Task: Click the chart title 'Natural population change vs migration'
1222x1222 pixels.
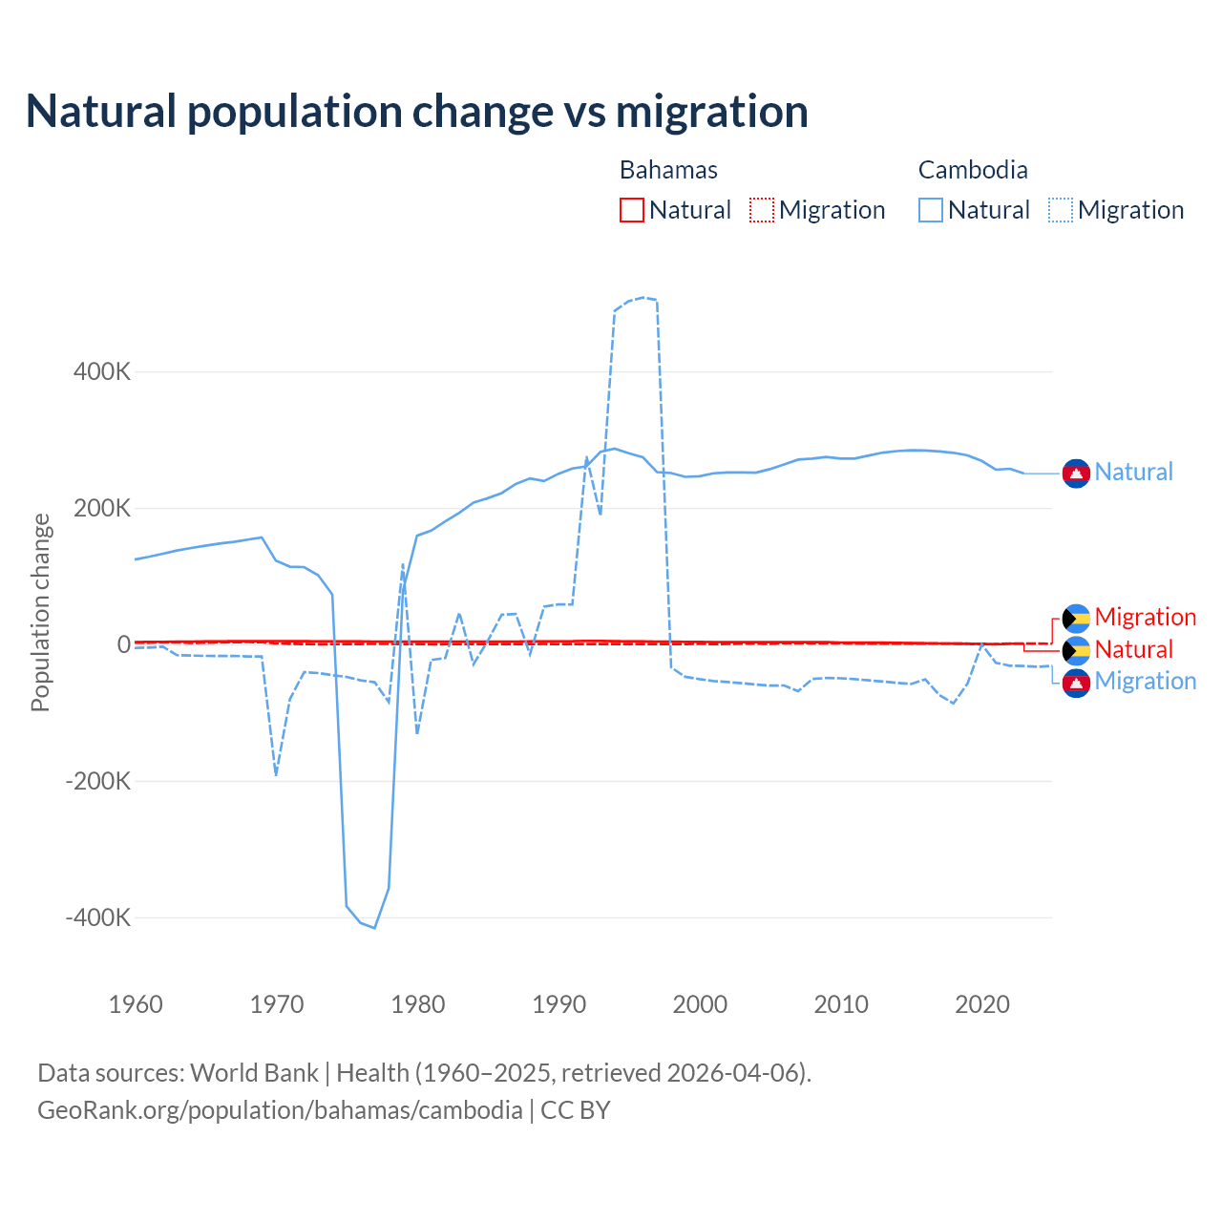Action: pos(417,112)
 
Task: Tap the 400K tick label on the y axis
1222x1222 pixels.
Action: pos(102,371)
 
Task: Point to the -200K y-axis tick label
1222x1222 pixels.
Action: pos(98,781)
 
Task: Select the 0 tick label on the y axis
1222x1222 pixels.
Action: pos(124,644)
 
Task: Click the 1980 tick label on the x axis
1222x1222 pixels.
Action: pos(418,1004)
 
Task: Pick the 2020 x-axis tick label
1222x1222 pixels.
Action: pos(982,1004)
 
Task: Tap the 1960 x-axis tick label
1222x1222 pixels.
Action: pos(137,1004)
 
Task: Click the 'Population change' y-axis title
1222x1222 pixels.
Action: pos(40,612)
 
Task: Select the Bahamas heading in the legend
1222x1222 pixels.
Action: pos(668,170)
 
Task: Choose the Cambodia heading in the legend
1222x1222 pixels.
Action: pos(973,170)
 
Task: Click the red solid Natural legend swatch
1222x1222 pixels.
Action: pos(632,210)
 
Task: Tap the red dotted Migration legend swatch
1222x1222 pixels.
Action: pos(761,210)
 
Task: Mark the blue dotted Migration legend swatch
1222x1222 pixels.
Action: pos(1061,210)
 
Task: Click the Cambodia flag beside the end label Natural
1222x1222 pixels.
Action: pos(1076,473)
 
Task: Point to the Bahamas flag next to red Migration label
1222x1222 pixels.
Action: pos(1076,618)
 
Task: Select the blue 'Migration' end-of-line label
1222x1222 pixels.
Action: pos(1146,682)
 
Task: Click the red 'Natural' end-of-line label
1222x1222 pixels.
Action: pos(1133,650)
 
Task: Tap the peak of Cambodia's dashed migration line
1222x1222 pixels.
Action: pos(644,297)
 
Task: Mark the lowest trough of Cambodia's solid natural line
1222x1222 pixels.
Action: pos(374,927)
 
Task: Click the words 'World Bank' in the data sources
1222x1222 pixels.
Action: pos(254,1073)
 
